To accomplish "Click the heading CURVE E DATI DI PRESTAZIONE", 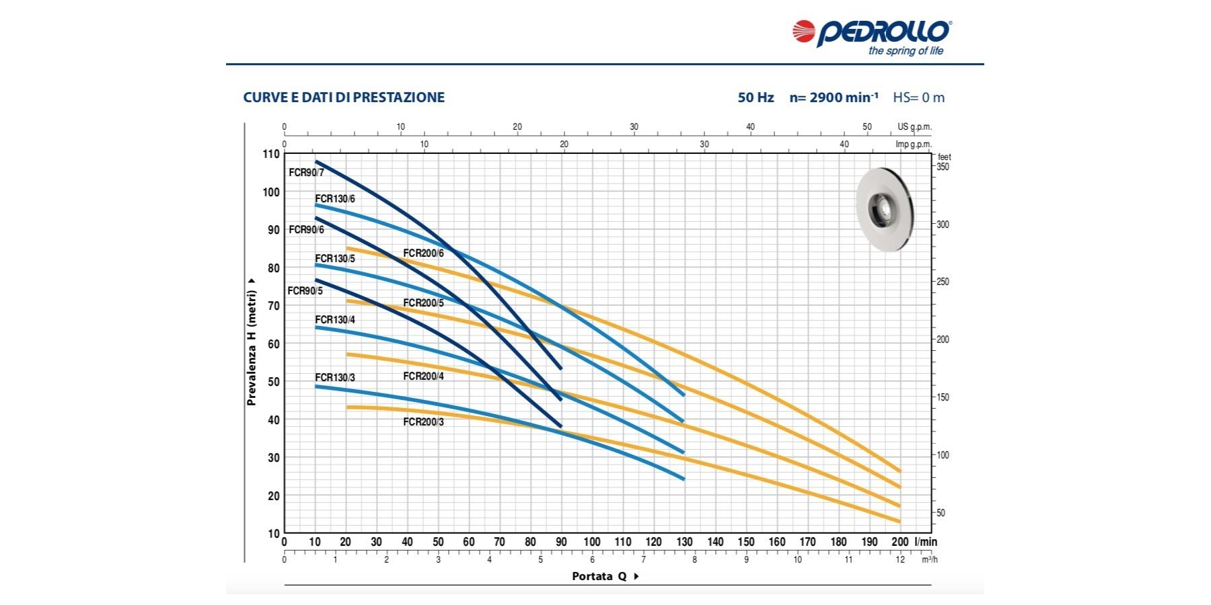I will point(344,97).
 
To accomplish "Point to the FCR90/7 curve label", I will point(306,173).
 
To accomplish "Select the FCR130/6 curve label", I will point(335,199).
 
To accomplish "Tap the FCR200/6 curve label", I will point(423,253).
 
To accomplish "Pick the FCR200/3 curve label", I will point(423,422).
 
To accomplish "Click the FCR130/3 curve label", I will point(335,378).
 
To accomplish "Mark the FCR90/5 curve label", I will point(305,291).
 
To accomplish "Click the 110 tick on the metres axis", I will point(270,154).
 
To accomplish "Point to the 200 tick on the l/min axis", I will point(900,542).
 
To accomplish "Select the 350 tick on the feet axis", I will point(943,167).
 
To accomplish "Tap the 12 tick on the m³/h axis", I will point(900,559).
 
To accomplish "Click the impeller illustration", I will point(885,209).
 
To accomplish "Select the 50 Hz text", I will point(756,97).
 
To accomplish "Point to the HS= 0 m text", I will point(918,97).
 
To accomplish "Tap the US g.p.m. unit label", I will point(914,127).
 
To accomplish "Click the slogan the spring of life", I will point(906,51).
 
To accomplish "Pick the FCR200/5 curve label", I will point(423,303).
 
